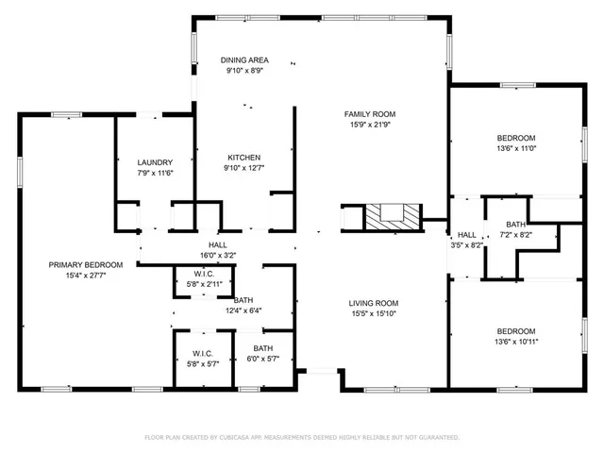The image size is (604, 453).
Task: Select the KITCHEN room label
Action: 243,158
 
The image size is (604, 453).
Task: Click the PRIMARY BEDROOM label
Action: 85,265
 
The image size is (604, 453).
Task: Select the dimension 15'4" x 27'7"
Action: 85,276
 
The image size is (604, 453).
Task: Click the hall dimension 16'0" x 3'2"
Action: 217,254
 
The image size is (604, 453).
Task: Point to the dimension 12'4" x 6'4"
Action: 243,310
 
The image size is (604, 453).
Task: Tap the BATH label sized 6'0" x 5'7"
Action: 262,348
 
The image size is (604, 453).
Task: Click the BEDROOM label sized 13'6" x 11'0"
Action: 516,138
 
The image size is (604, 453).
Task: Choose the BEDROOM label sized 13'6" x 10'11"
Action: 516,331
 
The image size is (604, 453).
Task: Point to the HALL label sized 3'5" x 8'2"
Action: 467,234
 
